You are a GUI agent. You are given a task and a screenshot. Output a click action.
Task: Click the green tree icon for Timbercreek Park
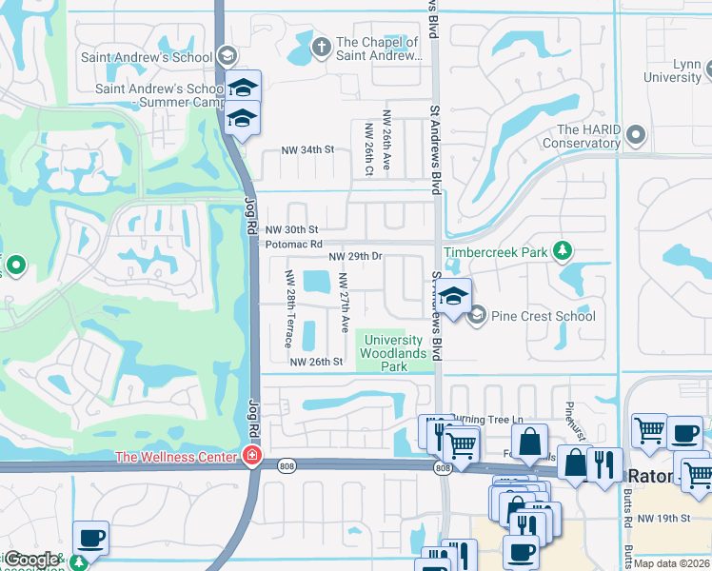click(x=564, y=250)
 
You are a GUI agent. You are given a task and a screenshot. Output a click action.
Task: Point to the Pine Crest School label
click(x=544, y=316)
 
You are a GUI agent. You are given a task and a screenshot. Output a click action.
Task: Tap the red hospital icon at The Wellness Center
click(x=251, y=457)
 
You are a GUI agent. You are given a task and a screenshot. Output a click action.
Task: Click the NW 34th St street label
click(x=307, y=150)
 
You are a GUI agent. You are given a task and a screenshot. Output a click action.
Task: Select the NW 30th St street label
click(x=291, y=230)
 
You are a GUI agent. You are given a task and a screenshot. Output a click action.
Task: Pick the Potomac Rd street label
click(x=288, y=245)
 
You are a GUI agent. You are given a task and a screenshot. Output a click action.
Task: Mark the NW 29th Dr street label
click(x=355, y=257)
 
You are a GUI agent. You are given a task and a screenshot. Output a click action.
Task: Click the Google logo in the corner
click(x=31, y=560)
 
